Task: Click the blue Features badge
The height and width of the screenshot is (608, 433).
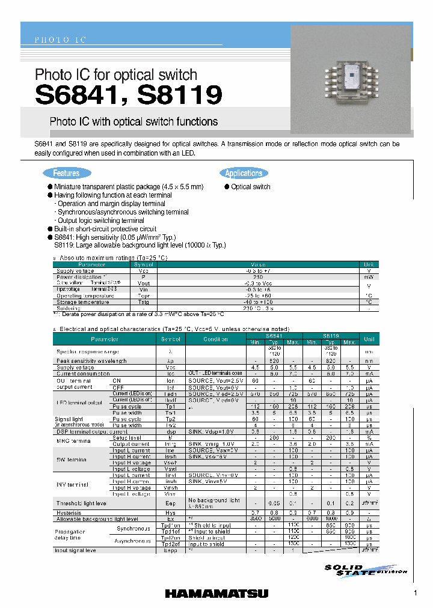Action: click(x=66, y=174)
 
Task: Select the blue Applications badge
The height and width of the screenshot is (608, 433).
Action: click(x=244, y=174)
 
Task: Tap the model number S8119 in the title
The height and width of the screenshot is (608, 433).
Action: click(x=179, y=95)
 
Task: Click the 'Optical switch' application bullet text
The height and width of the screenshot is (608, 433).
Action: click(x=251, y=187)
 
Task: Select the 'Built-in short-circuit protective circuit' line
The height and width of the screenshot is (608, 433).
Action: click(x=105, y=229)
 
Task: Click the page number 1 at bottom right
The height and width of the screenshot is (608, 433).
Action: click(x=415, y=593)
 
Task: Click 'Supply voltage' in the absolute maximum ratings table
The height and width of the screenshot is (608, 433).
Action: click(x=75, y=271)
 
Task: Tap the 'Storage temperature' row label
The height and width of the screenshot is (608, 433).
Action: click(x=83, y=302)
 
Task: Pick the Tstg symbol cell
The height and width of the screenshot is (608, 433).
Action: click(x=143, y=302)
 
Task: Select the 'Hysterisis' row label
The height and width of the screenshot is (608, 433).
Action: click(x=69, y=512)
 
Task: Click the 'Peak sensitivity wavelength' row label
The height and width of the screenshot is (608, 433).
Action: click(x=91, y=360)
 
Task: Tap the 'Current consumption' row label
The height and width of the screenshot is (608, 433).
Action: click(x=84, y=373)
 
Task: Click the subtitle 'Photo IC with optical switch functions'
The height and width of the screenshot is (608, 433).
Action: click(x=134, y=121)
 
